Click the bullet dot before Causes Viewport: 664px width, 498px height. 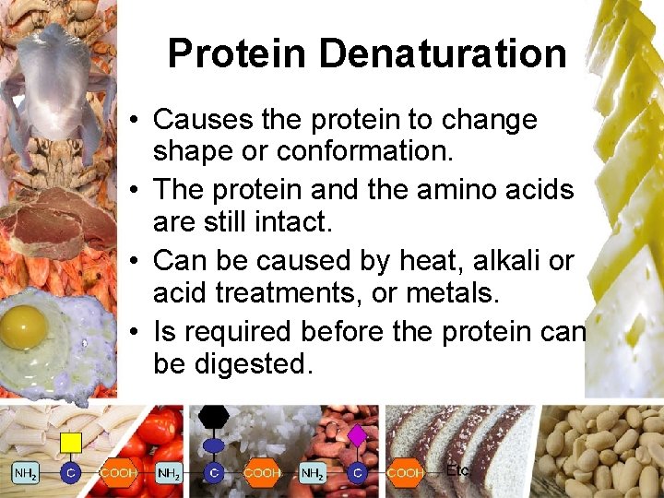tap(135, 121)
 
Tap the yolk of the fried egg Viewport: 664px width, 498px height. tap(24, 324)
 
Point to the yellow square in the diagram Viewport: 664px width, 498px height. tap(70, 444)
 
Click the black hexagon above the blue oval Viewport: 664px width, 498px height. tap(214, 416)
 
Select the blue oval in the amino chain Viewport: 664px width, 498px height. tap(214, 445)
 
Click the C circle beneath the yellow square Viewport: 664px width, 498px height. tap(70, 473)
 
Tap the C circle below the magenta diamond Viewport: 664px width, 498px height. tap(358, 473)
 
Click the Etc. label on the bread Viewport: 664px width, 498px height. tap(458, 470)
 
